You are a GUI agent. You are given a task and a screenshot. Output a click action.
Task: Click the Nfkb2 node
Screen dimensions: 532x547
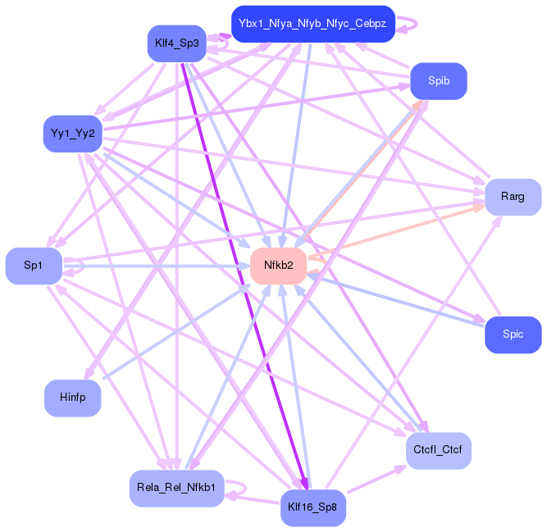[278, 266]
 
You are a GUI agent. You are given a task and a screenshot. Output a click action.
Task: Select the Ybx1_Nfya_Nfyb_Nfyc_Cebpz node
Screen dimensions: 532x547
[312, 24]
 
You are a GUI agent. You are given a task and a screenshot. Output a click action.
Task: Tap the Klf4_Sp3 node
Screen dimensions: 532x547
[176, 43]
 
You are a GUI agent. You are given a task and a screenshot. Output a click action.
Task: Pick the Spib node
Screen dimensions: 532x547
[438, 81]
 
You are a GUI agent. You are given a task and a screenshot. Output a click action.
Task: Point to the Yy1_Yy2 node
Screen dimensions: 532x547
[72, 134]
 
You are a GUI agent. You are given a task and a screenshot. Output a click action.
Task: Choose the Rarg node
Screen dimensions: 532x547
[513, 197]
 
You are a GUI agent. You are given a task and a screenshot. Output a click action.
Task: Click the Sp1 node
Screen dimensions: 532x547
[34, 266]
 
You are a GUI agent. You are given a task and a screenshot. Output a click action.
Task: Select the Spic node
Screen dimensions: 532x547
[513, 334]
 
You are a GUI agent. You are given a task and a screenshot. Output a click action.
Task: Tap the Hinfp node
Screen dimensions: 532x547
[72, 398]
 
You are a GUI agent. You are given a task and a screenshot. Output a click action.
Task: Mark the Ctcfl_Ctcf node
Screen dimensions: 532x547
[438, 450]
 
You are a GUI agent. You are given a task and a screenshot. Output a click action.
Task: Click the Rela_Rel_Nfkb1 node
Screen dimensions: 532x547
[176, 489]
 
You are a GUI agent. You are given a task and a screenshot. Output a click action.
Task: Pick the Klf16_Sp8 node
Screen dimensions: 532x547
[312, 507]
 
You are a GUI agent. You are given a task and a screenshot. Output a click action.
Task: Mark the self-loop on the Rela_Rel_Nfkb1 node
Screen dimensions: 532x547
[237, 489]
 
